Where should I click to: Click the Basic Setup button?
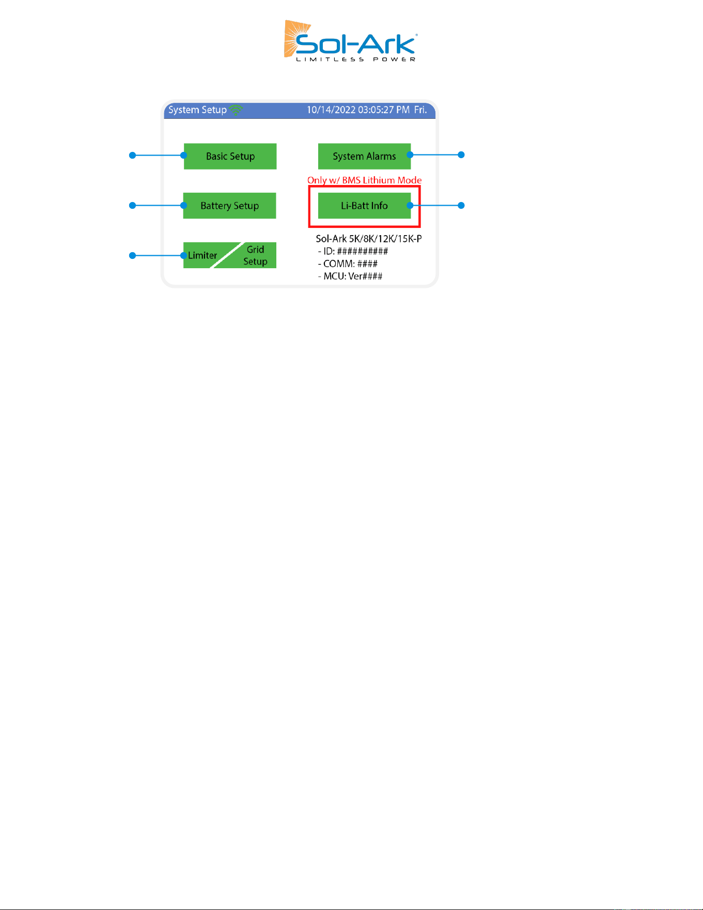tap(230, 156)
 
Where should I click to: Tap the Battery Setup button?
tap(230, 206)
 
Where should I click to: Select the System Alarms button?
tap(364, 156)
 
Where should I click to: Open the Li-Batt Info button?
tap(364, 206)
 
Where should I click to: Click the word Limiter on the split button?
tap(202, 255)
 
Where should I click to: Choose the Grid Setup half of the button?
tap(255, 255)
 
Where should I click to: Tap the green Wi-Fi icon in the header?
tap(236, 110)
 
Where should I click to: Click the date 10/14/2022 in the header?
tap(331, 110)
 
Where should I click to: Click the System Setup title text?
tap(197, 110)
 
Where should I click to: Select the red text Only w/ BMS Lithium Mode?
tap(365, 180)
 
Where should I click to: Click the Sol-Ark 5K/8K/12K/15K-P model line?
tap(369, 239)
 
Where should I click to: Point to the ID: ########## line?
tap(353, 251)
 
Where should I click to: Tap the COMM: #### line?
tap(348, 264)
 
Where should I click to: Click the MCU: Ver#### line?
tap(350, 276)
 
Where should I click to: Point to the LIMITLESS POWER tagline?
tap(356, 59)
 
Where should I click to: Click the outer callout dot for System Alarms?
tap(462, 155)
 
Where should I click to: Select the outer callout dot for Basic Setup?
tap(132, 155)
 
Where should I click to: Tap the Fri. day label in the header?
tap(420, 110)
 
